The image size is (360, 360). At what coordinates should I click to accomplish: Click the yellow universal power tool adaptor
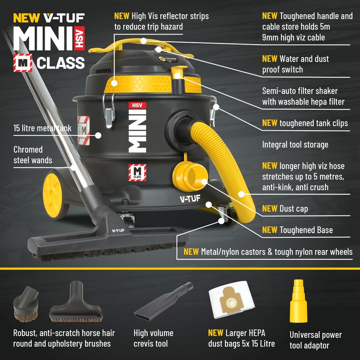(x=300, y=300)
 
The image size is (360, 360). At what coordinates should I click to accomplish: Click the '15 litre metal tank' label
(x=43, y=128)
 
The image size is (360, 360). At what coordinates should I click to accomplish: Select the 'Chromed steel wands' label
(x=33, y=155)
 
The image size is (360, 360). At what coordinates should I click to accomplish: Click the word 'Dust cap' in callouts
(x=293, y=209)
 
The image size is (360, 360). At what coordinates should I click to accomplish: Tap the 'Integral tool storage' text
(x=295, y=145)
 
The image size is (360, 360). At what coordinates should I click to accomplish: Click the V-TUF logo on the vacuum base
(x=189, y=199)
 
